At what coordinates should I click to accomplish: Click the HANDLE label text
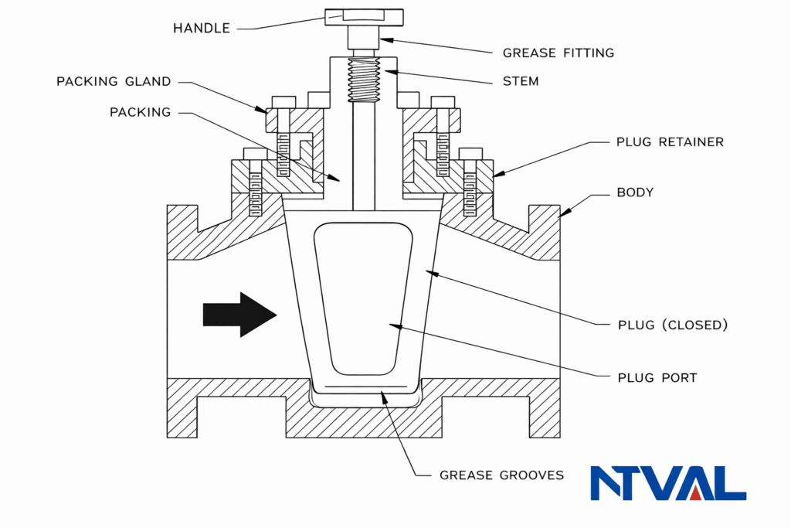click(201, 29)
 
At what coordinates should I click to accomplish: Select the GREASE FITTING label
click(558, 53)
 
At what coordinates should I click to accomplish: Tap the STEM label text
click(520, 80)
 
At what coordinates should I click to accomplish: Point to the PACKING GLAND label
click(114, 81)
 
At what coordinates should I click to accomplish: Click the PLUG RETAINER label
click(670, 142)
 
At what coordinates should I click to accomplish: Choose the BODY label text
click(634, 192)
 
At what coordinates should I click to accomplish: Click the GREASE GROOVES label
click(501, 475)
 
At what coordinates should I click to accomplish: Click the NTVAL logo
click(667, 483)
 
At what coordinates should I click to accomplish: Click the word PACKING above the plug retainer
click(140, 112)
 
